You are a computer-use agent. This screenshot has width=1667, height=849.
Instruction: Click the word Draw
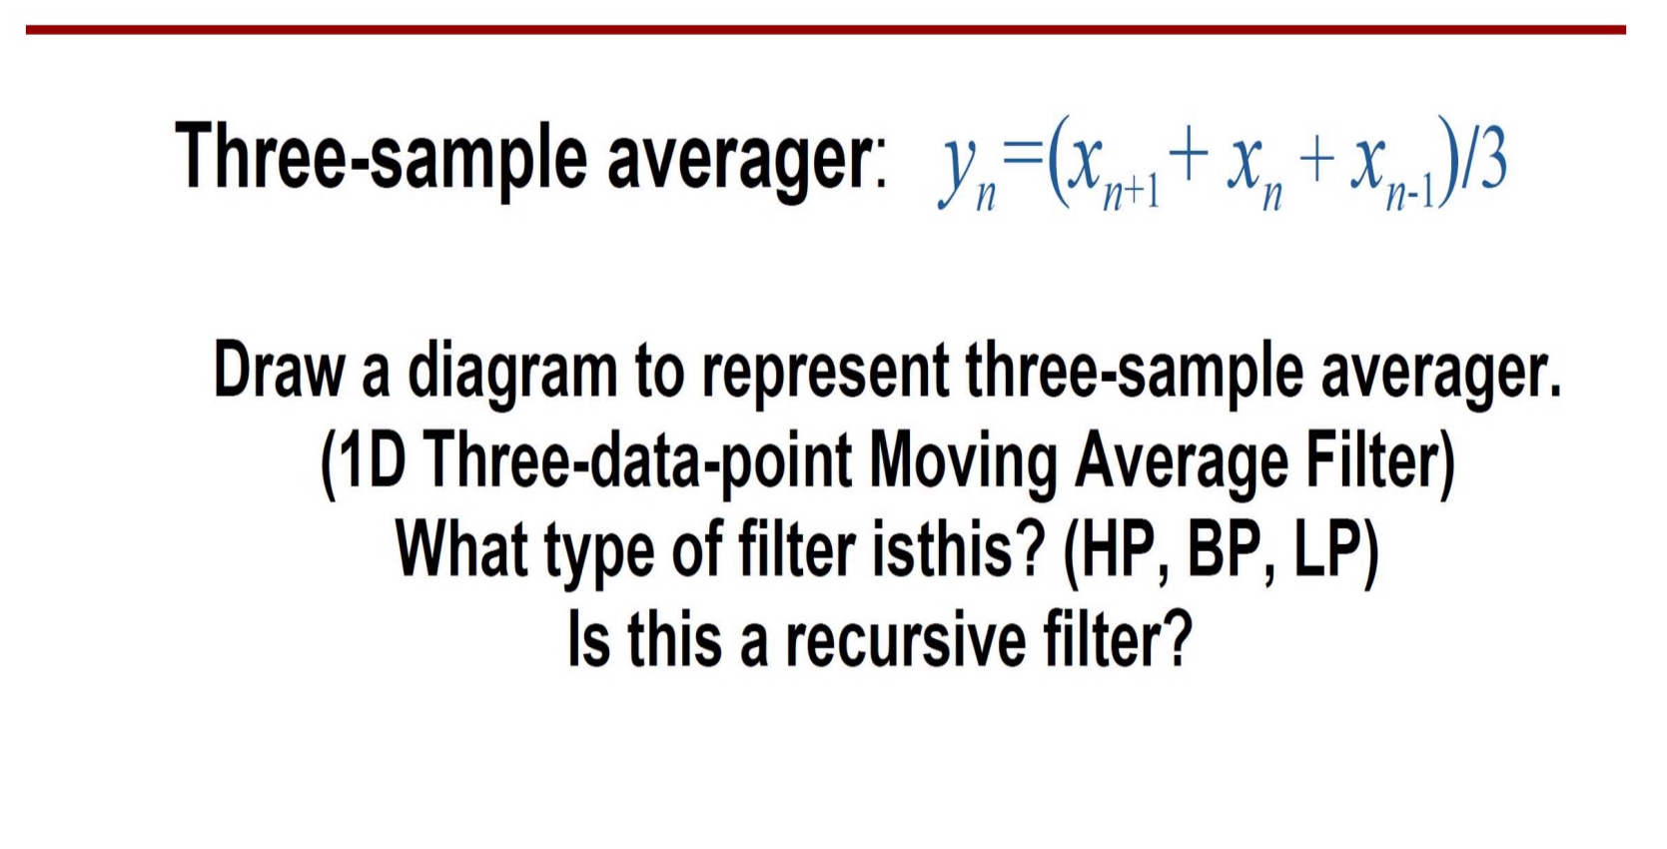(x=279, y=370)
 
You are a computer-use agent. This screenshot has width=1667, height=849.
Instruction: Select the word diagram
(x=512, y=372)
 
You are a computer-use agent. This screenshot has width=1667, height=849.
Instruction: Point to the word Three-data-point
(x=637, y=461)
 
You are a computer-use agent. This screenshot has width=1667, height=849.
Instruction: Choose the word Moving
(x=961, y=461)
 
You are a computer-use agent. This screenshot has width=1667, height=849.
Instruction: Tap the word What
(x=461, y=549)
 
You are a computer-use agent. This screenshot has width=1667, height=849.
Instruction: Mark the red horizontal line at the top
(x=825, y=30)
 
